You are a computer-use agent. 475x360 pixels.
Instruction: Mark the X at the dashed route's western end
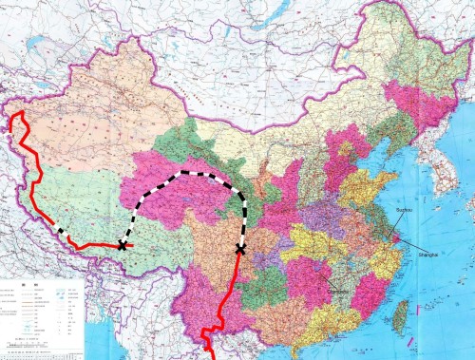(x=123, y=245)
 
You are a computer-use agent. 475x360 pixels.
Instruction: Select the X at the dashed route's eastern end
(x=239, y=249)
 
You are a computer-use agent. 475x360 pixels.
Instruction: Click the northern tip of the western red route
(x=14, y=115)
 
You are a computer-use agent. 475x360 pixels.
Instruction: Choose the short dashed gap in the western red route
(x=59, y=231)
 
